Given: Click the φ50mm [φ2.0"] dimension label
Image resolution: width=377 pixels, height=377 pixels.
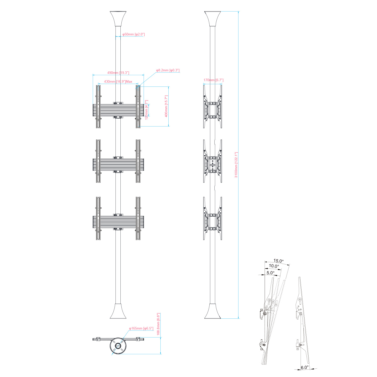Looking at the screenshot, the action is [x=133, y=34].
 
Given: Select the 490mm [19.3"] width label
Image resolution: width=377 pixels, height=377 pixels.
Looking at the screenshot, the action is [x=118, y=73].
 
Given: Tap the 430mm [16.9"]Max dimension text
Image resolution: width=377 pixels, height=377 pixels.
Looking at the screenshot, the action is [x=118, y=81].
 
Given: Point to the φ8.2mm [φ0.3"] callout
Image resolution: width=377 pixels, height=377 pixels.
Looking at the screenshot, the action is [x=168, y=70].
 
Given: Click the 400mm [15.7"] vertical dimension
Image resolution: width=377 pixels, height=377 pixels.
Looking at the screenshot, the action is [x=166, y=106].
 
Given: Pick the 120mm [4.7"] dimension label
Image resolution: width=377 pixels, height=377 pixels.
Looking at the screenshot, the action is [x=147, y=110].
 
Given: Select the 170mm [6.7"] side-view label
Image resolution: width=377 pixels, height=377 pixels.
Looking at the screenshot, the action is [x=213, y=80].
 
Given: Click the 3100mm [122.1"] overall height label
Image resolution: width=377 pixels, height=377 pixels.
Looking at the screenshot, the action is [x=236, y=165].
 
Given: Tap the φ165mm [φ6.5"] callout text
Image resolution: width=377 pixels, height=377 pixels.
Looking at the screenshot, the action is [x=141, y=328].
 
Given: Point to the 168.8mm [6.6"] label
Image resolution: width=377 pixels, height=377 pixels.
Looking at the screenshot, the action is [x=158, y=324].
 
